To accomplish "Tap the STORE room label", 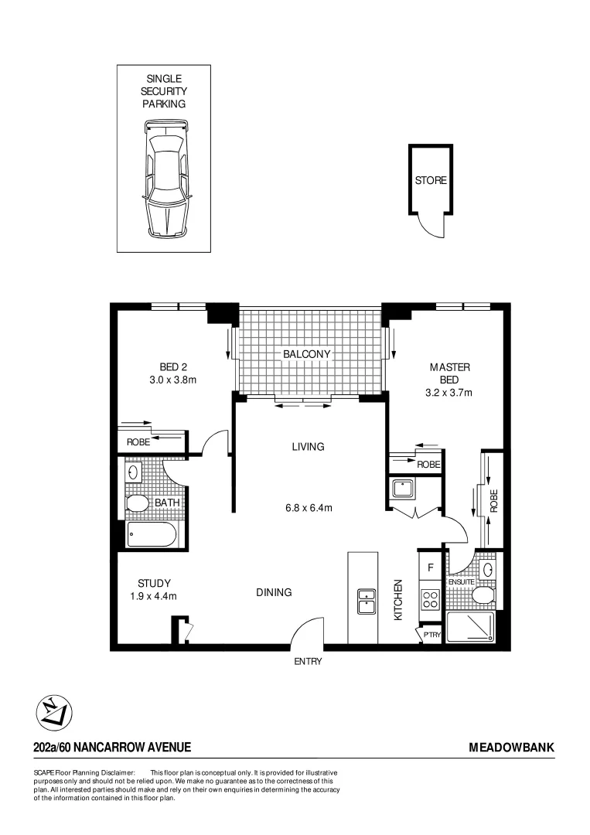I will [x=431, y=180].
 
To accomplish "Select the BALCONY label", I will [x=306, y=354].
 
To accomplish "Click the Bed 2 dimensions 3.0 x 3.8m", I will [x=173, y=380].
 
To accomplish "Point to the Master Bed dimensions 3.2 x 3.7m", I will [x=448, y=392].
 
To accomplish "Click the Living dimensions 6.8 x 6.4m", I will [x=307, y=508].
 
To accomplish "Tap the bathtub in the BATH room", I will [x=152, y=535].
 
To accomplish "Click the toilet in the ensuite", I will [x=483, y=595].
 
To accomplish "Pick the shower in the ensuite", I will [x=472, y=628].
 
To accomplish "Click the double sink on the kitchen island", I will [x=367, y=601].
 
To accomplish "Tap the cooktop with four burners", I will [x=429, y=598].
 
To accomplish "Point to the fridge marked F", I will [x=430, y=566].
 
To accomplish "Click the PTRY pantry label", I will [x=431, y=635].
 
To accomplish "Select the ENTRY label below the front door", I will [x=307, y=661].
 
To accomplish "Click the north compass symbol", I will [x=54, y=711].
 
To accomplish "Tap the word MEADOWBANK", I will [x=511, y=747].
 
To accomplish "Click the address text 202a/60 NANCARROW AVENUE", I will [x=112, y=747].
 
